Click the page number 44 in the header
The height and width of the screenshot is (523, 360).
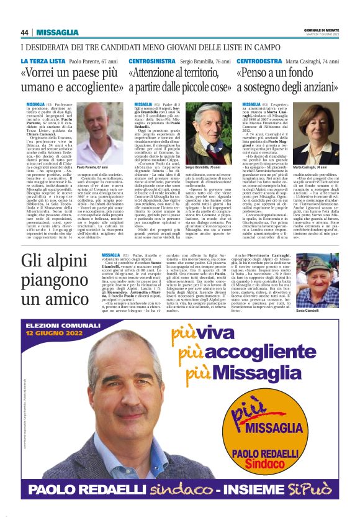[x=25, y=33]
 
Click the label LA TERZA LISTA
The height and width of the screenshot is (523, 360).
[x=42, y=61]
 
